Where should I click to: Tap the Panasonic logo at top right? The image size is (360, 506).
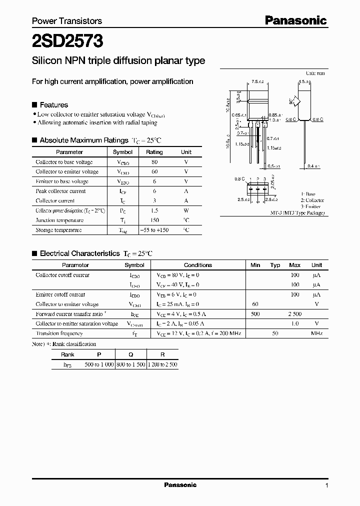click(x=295, y=20)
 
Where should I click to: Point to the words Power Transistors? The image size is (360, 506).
click(x=67, y=21)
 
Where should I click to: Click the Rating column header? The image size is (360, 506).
click(x=154, y=152)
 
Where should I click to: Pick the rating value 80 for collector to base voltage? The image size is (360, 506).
click(x=154, y=162)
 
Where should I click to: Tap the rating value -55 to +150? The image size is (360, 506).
click(x=154, y=230)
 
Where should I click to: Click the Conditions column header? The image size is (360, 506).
click(x=198, y=265)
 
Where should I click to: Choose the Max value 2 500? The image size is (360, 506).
click(x=294, y=314)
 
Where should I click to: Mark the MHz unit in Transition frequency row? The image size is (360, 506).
click(x=316, y=333)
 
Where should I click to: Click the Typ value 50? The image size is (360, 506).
click(x=275, y=333)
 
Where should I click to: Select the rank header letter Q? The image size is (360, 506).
click(x=130, y=354)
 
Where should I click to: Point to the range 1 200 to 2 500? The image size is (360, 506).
click(x=162, y=364)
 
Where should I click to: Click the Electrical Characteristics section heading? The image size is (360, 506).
click(x=79, y=253)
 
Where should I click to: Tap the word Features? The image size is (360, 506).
click(x=53, y=105)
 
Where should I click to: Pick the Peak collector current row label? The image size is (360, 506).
click(x=60, y=191)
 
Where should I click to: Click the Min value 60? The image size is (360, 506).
click(x=255, y=304)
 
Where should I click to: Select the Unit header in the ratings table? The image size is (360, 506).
click(x=186, y=152)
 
